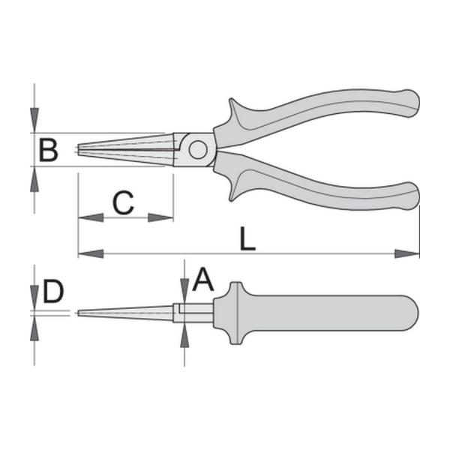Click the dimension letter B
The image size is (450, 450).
tap(49, 149)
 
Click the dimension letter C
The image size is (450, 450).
tap(124, 202)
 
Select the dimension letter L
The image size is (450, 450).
tap(247, 238)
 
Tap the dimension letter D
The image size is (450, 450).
tap(53, 292)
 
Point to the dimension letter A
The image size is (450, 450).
tap(203, 280)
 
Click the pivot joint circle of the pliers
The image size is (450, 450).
tap(198, 149)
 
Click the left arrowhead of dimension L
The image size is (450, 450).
tap(91, 253)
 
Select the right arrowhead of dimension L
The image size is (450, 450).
tap(407, 253)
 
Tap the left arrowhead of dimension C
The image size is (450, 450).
tap(91, 217)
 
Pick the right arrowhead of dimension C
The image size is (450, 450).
tap(160, 217)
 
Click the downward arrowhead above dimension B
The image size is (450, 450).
tap(34, 121)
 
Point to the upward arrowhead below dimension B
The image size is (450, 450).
tap(34, 178)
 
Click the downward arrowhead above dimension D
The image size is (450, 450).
tap(34, 298)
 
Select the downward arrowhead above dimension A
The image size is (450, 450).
tap(184, 291)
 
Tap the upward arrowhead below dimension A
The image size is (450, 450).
tap(184, 335)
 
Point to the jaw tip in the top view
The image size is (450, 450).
tap(79, 149)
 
